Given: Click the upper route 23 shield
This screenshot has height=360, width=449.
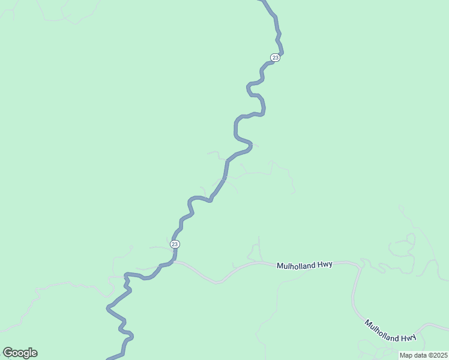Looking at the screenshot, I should (275, 58).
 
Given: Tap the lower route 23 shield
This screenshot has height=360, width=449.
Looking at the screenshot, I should (175, 244).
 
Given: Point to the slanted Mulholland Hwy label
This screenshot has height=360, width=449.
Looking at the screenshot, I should (390, 331).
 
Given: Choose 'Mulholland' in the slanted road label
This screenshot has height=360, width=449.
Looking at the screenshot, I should (382, 328).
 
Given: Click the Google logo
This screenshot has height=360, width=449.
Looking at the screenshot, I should (20, 353).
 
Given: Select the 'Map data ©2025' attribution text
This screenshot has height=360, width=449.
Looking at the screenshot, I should (423, 355).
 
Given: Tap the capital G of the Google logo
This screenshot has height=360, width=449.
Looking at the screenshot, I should (7, 353).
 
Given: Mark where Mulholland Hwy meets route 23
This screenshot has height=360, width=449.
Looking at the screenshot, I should (173, 262).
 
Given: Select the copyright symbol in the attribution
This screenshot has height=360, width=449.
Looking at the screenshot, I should (429, 355).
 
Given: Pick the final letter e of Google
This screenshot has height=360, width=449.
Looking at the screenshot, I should (34, 353).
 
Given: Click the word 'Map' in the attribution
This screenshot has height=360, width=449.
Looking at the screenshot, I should (406, 355).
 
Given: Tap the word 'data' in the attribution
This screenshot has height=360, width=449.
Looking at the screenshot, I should (419, 355).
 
